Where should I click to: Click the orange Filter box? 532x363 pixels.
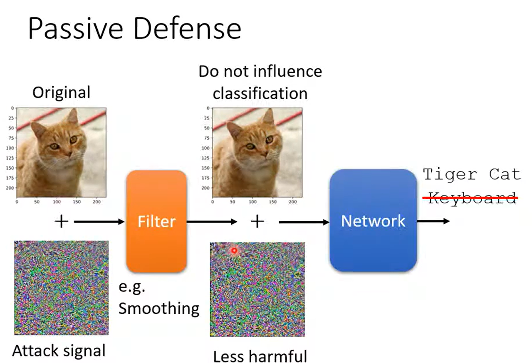[x=156, y=221]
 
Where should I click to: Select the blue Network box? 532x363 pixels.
[x=373, y=220]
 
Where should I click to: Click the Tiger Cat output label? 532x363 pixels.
[x=472, y=175]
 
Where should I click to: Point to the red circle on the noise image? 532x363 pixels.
[x=234, y=250]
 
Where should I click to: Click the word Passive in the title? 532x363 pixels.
[x=75, y=29]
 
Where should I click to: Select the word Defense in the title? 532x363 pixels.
[x=188, y=29]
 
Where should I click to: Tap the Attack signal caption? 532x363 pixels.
[x=59, y=351]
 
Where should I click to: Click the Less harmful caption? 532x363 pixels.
[x=260, y=356]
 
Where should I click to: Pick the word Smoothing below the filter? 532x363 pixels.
[x=159, y=308]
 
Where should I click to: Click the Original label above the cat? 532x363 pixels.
[x=61, y=93]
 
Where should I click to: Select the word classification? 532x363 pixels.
[x=260, y=93]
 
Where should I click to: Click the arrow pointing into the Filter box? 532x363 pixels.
[x=99, y=222]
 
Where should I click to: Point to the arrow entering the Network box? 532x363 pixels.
[x=304, y=222]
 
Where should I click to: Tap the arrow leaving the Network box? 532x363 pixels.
[x=433, y=221]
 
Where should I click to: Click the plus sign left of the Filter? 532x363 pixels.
[x=62, y=221]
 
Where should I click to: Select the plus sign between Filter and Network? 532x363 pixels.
[x=257, y=221]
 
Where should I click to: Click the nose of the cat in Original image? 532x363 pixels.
[x=69, y=154]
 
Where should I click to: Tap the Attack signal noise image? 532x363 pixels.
[x=61, y=288]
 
